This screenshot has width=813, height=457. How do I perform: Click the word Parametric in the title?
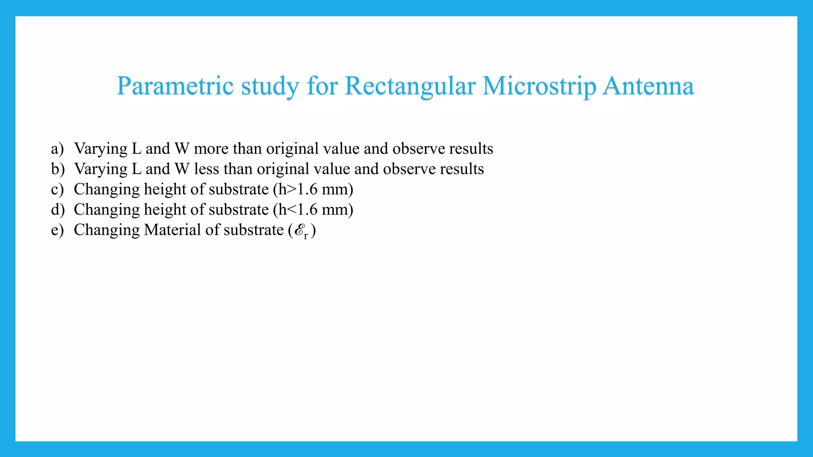coord(175,86)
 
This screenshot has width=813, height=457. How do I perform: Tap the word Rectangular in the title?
coord(410,86)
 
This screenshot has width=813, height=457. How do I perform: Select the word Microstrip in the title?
coord(539,86)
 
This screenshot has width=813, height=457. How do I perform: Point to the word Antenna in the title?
coord(648,86)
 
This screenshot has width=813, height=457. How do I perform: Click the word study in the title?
coord(270,86)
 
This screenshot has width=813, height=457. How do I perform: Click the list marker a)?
coord(57,149)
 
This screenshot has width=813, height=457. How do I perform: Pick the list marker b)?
coord(58,169)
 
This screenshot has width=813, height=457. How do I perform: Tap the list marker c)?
coord(57,190)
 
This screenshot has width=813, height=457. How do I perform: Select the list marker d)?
coord(58,210)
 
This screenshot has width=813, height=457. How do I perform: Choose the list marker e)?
coord(57,230)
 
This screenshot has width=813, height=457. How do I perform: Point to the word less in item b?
coord(206,169)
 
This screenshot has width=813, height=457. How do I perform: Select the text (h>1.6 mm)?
coord(313,190)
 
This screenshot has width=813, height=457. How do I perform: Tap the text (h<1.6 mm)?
coord(313,210)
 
